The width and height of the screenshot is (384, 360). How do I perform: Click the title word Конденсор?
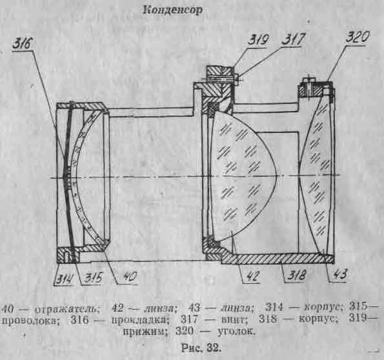[173, 10]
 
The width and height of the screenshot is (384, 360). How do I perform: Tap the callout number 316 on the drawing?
[23, 44]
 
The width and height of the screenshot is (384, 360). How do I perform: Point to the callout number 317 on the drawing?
[294, 39]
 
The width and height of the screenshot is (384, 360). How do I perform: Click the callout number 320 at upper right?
[358, 37]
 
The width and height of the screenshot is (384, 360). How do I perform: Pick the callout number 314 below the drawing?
[65, 279]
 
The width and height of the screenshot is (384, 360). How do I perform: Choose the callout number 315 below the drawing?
[93, 278]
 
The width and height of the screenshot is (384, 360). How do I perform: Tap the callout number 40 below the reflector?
[130, 277]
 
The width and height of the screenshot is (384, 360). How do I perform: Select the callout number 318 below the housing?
[297, 275]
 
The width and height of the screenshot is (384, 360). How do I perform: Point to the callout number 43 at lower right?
[340, 274]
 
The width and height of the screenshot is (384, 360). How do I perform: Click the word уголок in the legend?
[236, 331]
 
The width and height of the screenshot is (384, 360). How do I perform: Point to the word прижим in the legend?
[145, 332]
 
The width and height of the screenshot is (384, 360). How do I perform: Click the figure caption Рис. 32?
[201, 348]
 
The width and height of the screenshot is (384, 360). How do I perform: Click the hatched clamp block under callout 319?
[219, 72]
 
